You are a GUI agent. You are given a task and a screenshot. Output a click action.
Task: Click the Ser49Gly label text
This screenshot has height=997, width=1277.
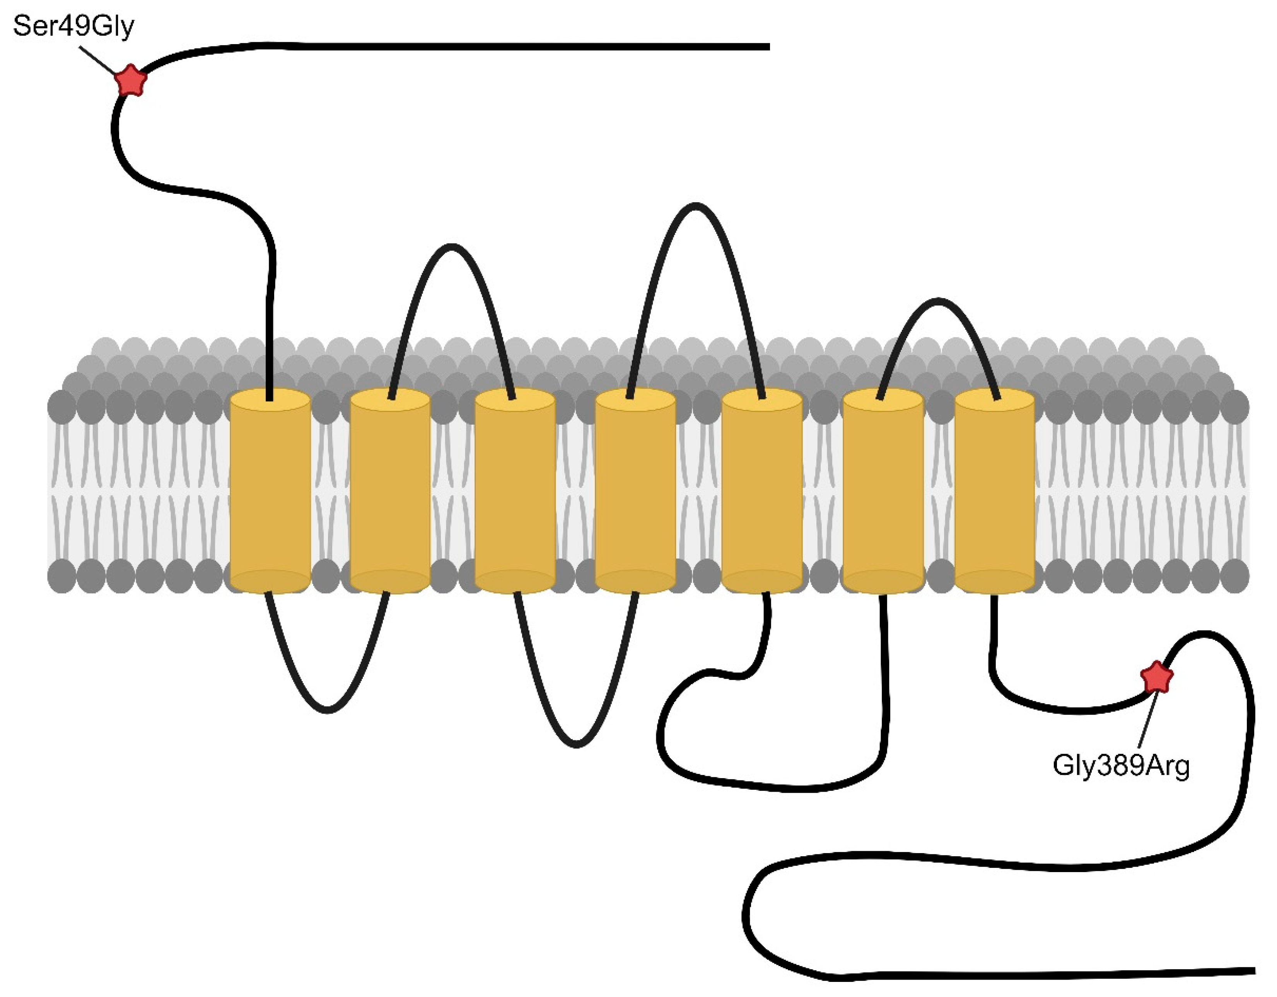point(73,26)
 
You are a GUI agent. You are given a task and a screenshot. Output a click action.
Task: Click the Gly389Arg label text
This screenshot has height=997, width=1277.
point(1120,765)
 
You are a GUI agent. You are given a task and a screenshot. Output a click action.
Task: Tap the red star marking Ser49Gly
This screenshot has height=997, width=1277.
point(130,80)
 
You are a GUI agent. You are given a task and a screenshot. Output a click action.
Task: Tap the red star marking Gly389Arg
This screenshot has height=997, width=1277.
point(1157,678)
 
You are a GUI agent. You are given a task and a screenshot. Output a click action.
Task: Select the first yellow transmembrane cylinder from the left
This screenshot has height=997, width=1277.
point(270,491)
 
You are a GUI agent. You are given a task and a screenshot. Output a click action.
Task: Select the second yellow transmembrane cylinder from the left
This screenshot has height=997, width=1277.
point(390,491)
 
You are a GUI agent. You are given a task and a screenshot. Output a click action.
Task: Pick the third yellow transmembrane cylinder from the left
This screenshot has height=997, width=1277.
point(514,491)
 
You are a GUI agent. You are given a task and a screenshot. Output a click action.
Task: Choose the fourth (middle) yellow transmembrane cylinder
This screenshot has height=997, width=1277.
point(635,491)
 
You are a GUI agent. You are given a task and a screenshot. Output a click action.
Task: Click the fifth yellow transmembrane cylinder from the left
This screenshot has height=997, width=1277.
point(762,491)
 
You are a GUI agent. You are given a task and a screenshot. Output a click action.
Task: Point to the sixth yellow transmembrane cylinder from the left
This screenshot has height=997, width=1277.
point(883,491)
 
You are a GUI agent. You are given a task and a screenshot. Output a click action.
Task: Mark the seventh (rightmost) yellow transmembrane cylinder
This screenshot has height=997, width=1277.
point(994,491)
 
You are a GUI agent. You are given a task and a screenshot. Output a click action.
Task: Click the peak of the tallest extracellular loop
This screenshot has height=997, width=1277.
point(695,205)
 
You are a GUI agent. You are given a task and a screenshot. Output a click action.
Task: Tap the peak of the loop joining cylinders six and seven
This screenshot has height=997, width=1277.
point(938,301)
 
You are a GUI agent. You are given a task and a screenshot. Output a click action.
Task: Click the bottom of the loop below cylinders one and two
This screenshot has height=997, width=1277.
point(328,710)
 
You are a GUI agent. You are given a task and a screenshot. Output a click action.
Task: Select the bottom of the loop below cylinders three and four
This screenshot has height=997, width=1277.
point(577,745)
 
